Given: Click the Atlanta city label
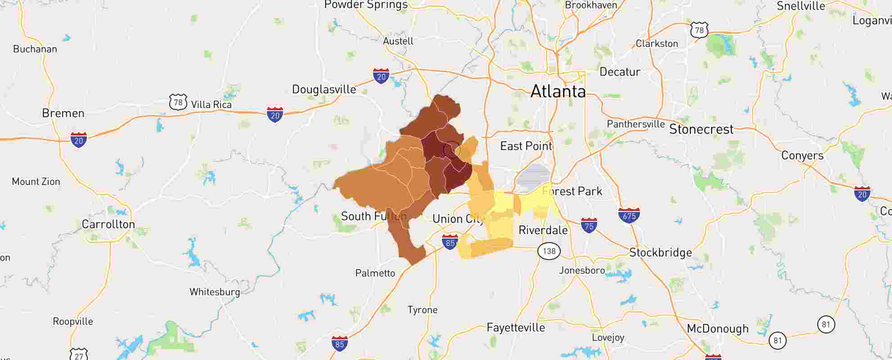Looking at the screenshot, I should (558, 92).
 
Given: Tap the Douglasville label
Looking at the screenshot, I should (324, 90).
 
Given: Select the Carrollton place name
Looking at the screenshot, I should (108, 224).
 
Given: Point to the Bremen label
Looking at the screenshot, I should (63, 113).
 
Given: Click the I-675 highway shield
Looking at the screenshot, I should (629, 215).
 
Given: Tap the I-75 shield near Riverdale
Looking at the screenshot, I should (589, 225).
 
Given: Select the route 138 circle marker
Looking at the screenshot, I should (549, 251).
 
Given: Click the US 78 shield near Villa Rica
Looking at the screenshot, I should (178, 102).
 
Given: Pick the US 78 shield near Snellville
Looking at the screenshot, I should (699, 30).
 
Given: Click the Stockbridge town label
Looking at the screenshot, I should (660, 252).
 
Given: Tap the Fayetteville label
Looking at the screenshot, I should (515, 328).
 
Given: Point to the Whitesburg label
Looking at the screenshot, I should (215, 292).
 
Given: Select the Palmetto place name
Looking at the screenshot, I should (375, 273).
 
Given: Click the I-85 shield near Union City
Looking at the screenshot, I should (450, 242).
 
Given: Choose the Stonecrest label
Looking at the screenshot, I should (701, 130).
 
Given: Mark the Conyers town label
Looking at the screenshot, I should (802, 156).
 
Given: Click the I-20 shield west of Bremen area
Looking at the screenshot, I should (79, 140).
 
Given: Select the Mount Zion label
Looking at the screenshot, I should (36, 182).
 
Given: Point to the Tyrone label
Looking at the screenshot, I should (422, 310).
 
